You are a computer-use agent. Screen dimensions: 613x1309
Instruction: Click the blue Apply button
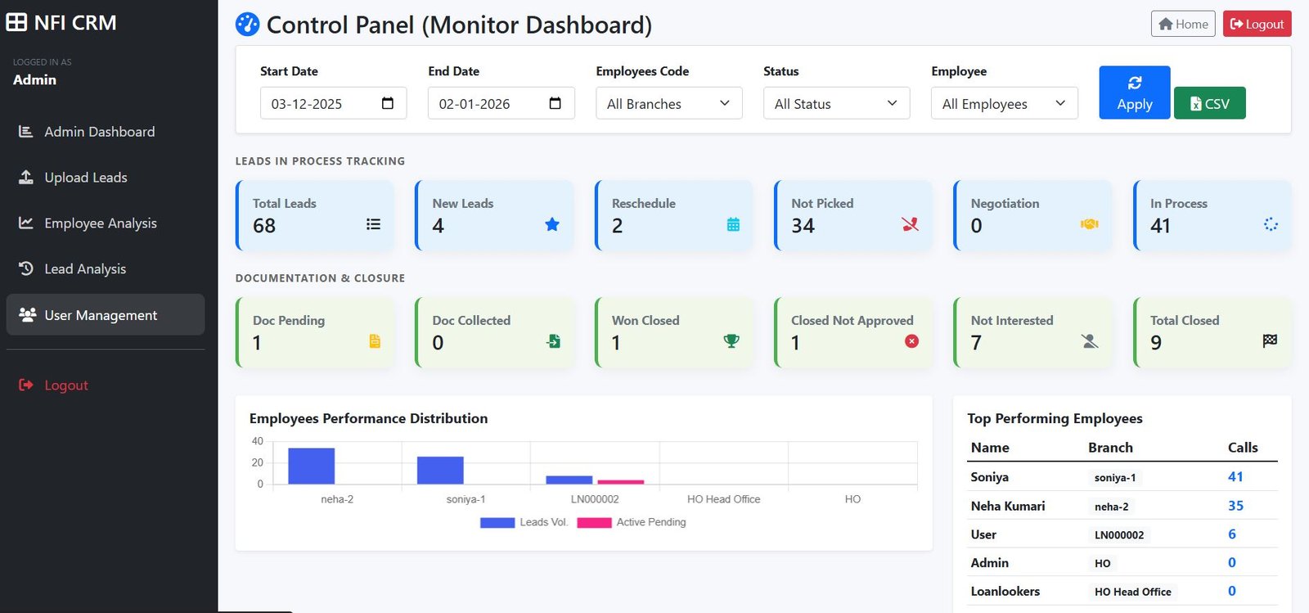(1134, 92)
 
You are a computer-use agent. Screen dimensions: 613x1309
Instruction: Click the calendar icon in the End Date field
(555, 103)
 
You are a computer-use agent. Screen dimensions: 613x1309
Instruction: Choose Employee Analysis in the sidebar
(100, 223)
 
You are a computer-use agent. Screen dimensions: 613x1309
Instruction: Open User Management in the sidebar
(101, 315)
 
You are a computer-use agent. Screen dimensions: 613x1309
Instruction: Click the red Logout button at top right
(1257, 25)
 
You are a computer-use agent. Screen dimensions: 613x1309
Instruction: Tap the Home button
(1183, 25)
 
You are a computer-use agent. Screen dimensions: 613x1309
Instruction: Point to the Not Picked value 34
(803, 226)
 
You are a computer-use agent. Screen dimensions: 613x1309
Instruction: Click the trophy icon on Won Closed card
(731, 341)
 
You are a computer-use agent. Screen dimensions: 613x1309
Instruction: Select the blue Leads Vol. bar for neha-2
(311, 466)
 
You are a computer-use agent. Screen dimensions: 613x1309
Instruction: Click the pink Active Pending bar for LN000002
(620, 482)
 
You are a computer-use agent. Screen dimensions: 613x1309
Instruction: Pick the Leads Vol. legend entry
(524, 522)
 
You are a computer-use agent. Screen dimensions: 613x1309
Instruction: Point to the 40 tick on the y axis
(258, 441)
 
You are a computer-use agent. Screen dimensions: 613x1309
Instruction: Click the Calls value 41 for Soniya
(1235, 477)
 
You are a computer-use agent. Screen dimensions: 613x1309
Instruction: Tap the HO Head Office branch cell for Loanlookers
(1132, 592)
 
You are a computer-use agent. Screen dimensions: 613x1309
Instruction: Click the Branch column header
(1110, 448)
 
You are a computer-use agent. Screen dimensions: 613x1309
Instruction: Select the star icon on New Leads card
(552, 224)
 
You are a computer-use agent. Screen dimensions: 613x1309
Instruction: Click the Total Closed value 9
(1156, 343)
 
